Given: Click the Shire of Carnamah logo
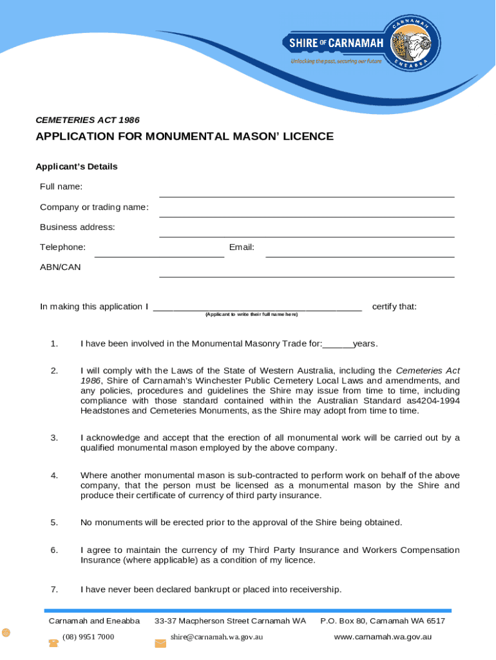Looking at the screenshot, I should coord(361,43).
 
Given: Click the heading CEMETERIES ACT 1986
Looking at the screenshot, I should coord(87,120).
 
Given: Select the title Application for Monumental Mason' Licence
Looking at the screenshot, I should coord(184,137).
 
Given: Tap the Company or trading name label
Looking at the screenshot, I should coord(94,207).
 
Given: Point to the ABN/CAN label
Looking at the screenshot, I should coord(61,267).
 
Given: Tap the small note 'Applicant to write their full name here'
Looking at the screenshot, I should coord(251,315).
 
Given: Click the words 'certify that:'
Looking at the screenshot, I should coord(394,306).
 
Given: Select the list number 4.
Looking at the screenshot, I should coord(55,476).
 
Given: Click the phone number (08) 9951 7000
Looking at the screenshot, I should coord(88,637).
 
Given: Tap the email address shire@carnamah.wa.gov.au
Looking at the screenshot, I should coord(216,637).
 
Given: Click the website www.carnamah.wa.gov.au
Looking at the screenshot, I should coord(383,637).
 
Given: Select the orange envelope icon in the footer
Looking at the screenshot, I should coord(160,643).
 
